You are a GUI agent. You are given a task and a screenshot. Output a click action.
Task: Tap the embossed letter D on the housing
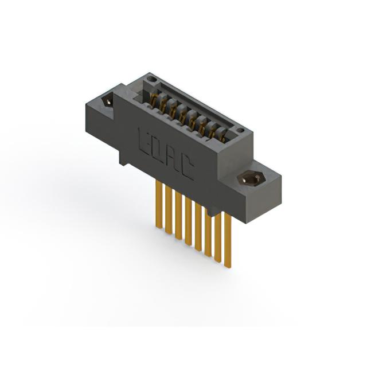[157, 150]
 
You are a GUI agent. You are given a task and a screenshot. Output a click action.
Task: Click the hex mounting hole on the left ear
[107, 101]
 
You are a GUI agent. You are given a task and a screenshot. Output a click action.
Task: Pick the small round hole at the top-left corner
[153, 79]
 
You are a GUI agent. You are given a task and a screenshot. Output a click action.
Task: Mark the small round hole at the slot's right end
[240, 130]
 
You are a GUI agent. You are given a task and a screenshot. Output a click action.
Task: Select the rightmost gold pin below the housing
[228, 239]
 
